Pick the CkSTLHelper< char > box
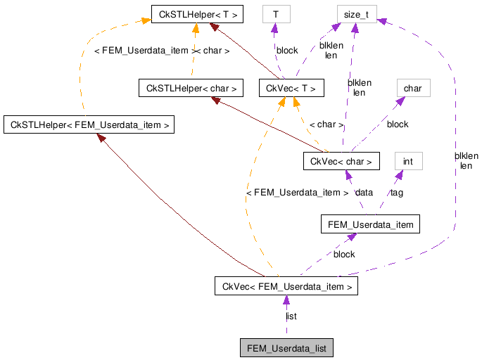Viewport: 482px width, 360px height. click(x=191, y=88)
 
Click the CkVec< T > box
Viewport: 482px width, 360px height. click(x=291, y=88)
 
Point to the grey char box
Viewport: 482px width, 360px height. click(x=413, y=88)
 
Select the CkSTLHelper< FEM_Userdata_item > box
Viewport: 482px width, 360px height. click(x=88, y=125)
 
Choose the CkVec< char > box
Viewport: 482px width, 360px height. click(x=341, y=161)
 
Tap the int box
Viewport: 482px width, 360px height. click(x=408, y=161)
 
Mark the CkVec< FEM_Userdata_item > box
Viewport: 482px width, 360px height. click(x=286, y=286)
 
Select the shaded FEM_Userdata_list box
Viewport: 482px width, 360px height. click(x=286, y=348)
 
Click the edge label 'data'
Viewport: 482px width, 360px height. click(x=364, y=192)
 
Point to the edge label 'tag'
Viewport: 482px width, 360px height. click(x=397, y=192)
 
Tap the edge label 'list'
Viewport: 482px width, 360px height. click(x=291, y=316)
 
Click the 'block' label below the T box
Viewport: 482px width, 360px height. click(x=287, y=51)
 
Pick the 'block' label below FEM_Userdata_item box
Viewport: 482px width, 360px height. click(x=344, y=254)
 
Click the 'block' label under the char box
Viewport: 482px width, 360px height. click(x=398, y=124)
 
